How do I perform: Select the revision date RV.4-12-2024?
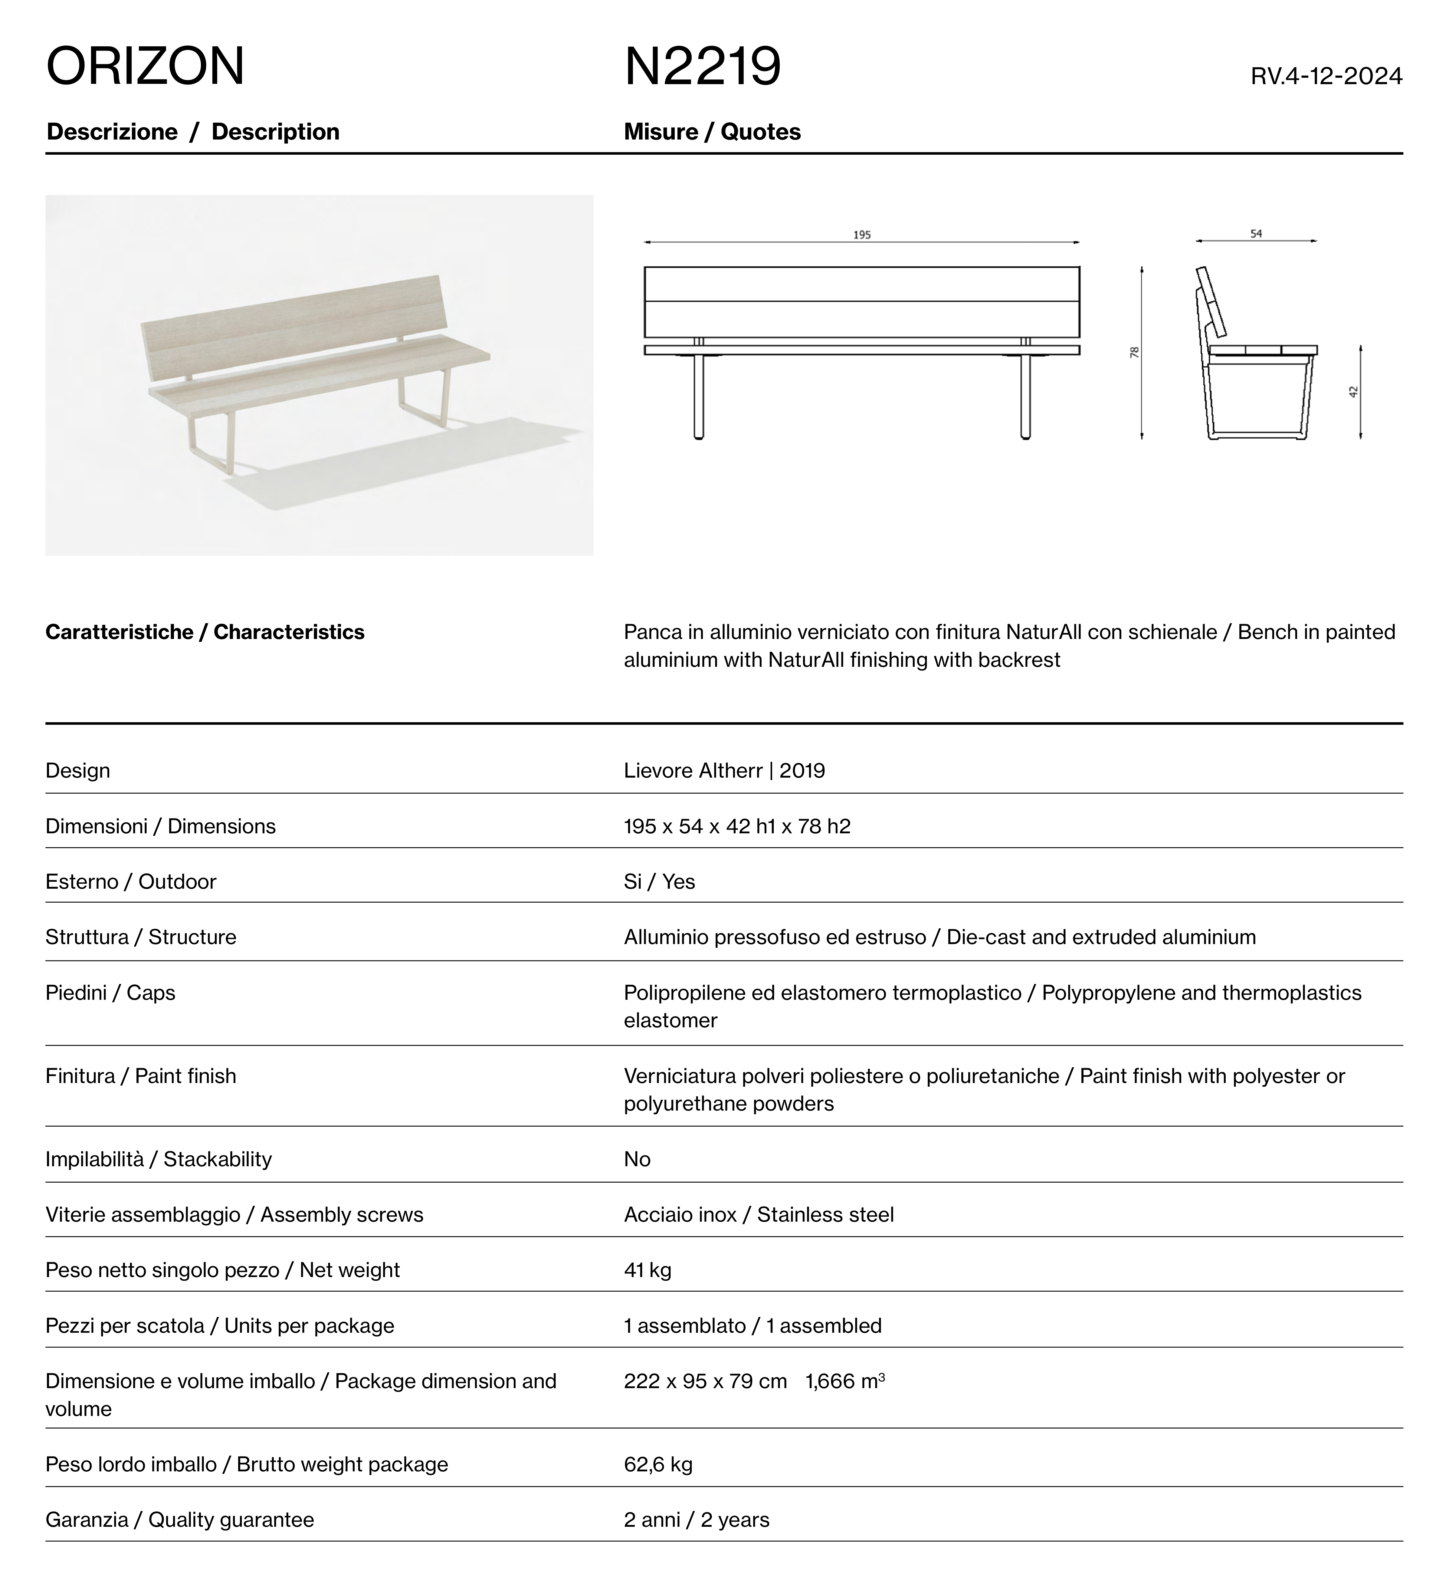[1326, 76]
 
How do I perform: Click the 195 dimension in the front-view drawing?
[862, 235]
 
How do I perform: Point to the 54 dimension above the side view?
[1256, 234]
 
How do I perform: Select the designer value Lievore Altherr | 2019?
[724, 771]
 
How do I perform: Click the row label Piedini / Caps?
[110, 993]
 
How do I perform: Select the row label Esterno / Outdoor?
[131, 882]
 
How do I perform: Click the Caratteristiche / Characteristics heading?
[205, 632]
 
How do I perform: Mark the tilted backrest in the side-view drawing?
[1213, 303]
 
